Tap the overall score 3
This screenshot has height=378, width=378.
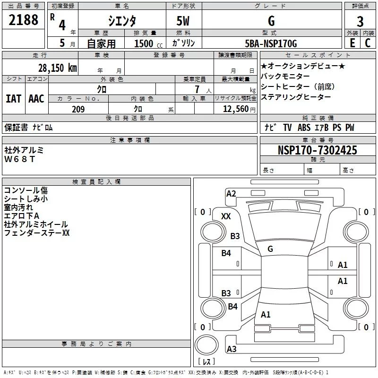[360, 21]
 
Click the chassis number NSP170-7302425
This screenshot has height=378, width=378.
[318, 150]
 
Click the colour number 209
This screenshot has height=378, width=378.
[78, 109]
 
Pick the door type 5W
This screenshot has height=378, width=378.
[184, 21]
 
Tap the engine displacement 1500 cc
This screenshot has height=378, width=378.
[146, 43]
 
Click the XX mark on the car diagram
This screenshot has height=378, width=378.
[226, 216]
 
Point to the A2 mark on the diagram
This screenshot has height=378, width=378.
[231, 193]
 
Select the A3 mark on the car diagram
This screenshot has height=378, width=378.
[232, 349]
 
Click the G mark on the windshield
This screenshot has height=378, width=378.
[270, 249]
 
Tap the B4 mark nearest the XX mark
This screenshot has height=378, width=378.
[226, 253]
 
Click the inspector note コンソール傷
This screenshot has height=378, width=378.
[26, 190]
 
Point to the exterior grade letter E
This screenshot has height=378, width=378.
[352, 43]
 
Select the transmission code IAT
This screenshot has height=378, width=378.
[14, 98]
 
